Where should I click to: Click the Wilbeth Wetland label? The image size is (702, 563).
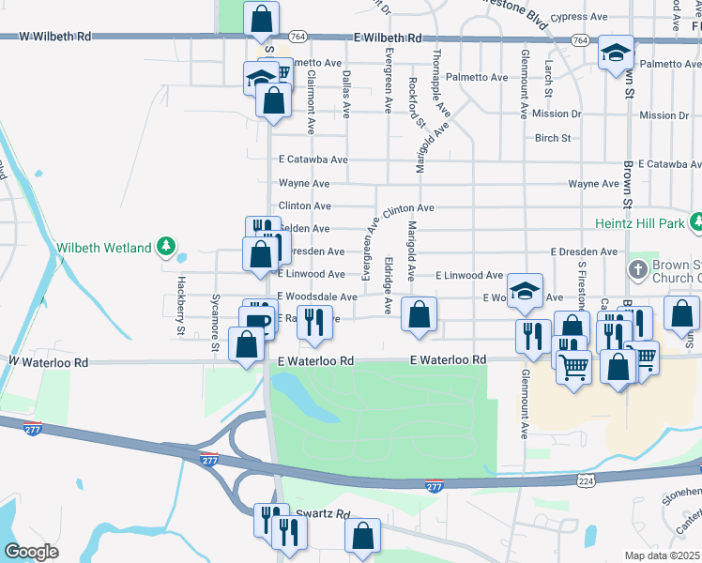(104, 248)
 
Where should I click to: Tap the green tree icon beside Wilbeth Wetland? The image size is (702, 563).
(166, 247)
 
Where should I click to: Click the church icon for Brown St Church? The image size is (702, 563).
(637, 269)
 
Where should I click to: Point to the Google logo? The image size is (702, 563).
(30, 552)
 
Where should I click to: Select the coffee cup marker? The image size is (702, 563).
(256, 323)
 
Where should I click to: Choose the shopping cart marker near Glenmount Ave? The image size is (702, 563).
(573, 364)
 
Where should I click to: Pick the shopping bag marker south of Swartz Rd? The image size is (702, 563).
(362, 537)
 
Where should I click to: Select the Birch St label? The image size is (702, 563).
(553, 138)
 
